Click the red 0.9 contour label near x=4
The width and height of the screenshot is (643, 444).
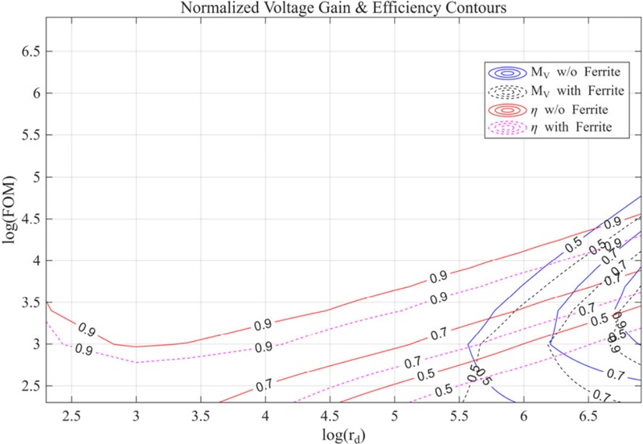click(263, 326)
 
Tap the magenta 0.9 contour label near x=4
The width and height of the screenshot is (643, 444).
click(263, 347)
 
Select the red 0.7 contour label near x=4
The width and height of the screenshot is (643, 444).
click(263, 387)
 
